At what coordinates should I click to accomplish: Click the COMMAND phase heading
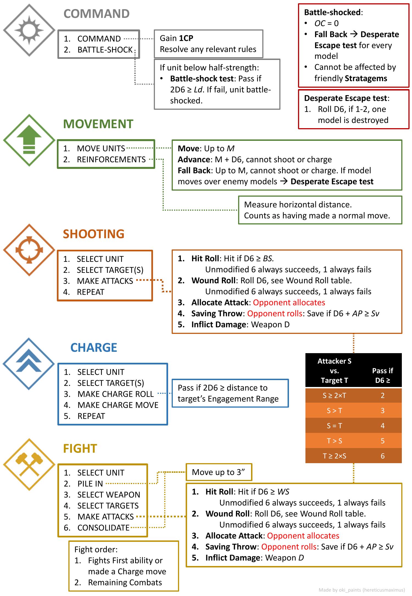pyautogui.click(x=96, y=14)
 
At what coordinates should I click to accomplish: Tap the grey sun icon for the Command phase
pyautogui.click(x=29, y=30)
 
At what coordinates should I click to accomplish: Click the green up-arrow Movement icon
pyautogui.click(x=29, y=140)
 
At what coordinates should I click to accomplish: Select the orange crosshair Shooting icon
pyautogui.click(x=29, y=250)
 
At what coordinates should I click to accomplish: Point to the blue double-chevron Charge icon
pyautogui.click(x=29, y=364)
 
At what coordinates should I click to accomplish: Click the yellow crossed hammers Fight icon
pyautogui.click(x=29, y=465)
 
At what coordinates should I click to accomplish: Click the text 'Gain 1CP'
pyautogui.click(x=176, y=38)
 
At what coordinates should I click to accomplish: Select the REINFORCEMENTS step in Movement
pyautogui.click(x=111, y=160)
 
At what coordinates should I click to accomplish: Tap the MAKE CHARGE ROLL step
pyautogui.click(x=115, y=394)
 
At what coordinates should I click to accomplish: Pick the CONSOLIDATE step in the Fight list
pyautogui.click(x=103, y=528)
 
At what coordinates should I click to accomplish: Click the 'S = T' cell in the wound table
pyautogui.click(x=334, y=426)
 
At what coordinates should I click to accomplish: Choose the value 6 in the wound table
pyautogui.click(x=383, y=456)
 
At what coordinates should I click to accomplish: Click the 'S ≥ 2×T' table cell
pyautogui.click(x=334, y=395)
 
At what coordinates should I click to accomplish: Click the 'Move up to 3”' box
pyautogui.click(x=219, y=472)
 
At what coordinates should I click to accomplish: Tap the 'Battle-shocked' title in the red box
pyautogui.click(x=332, y=12)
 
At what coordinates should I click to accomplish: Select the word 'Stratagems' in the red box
pyautogui.click(x=366, y=78)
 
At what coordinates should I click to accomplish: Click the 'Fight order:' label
pyautogui.click(x=96, y=549)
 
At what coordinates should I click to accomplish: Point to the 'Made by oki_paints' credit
pyautogui.click(x=361, y=590)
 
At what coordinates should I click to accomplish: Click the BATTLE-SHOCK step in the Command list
pyautogui.click(x=105, y=50)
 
